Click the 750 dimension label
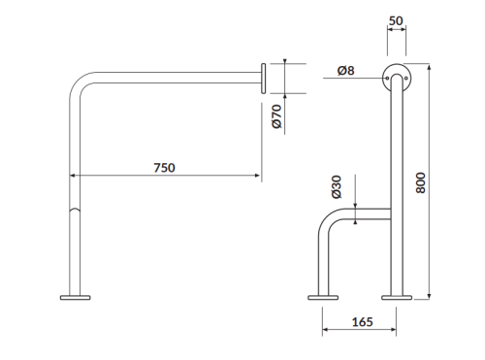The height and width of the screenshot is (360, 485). coord(164,168)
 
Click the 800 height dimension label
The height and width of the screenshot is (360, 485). coord(420,183)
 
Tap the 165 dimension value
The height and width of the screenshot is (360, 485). coord(362,322)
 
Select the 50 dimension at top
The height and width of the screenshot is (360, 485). coord(396,20)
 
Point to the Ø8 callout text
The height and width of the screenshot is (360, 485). coord(345,70)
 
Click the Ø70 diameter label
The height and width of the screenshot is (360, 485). coord(277,116)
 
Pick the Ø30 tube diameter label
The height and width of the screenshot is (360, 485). coord(337,187)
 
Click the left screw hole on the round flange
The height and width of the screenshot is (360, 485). coord(387,78)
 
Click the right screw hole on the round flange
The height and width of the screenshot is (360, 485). coord(406,78)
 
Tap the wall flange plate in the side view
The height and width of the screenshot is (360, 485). coord(264,79)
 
